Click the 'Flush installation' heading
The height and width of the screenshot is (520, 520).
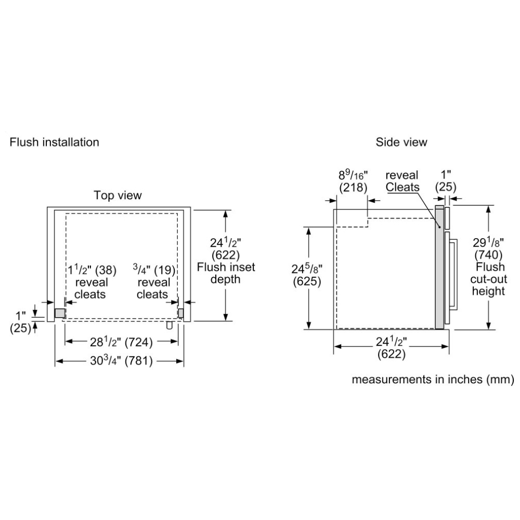tap(55, 142)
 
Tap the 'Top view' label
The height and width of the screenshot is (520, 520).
tap(118, 196)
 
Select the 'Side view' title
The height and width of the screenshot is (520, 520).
tap(401, 142)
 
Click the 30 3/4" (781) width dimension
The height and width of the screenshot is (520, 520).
tap(121, 360)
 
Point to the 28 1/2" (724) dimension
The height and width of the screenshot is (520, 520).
tap(121, 342)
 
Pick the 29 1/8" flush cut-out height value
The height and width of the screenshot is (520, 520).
tap(488, 242)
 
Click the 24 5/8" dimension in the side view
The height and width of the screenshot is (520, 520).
tap(307, 268)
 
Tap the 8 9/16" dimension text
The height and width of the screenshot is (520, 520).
tap(353, 175)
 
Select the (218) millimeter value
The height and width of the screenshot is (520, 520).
tap(353, 188)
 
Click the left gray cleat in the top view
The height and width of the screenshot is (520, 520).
tap(60, 313)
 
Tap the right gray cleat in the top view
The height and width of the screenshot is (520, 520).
tap(181, 313)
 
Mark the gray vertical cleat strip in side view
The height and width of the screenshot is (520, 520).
tap(439, 267)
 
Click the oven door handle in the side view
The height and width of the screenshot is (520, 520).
tap(454, 274)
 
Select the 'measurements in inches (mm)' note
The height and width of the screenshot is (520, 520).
tap(433, 380)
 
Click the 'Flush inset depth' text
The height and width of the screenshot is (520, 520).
tap(226, 273)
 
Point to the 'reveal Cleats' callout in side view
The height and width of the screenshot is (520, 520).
tap(402, 181)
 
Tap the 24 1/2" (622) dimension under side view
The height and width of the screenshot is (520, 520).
tap(392, 347)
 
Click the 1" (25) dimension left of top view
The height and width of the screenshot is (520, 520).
tap(21, 322)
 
